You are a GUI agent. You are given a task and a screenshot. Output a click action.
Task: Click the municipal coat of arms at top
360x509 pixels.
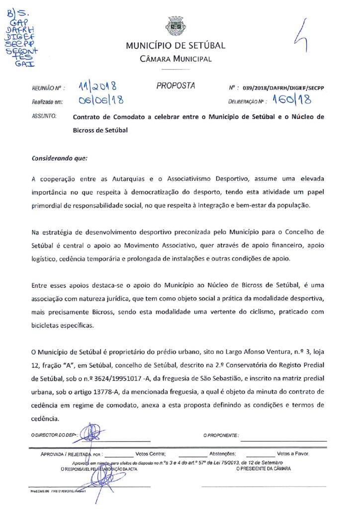175,25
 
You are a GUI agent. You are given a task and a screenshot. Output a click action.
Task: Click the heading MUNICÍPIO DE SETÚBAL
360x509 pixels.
175,46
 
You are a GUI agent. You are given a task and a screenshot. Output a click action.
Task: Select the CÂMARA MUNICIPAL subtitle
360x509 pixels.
175,59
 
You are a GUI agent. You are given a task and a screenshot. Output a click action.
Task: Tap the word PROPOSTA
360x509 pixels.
176,85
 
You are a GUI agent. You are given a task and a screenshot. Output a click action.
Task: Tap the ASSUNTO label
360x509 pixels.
43,117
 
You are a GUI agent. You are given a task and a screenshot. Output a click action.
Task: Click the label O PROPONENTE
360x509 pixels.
221,435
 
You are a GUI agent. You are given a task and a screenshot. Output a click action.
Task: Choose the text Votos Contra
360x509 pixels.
150,454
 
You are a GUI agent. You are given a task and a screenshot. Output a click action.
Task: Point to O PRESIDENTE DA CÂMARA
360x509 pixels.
264,468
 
